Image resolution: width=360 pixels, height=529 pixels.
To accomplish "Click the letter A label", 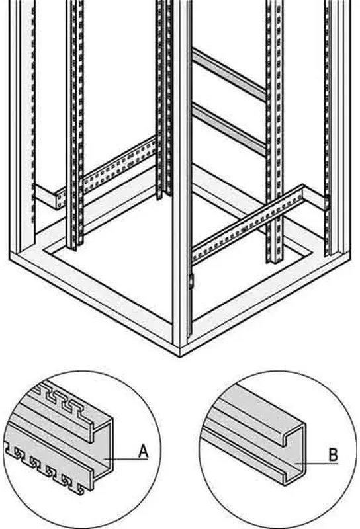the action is pyautogui.click(x=144, y=452).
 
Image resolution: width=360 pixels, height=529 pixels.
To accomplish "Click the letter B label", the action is pyautogui.click(x=334, y=455).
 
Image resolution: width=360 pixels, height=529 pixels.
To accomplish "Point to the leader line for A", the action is pyautogui.click(x=126, y=459).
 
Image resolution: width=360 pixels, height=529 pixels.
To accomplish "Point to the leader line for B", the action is pyautogui.click(x=317, y=464).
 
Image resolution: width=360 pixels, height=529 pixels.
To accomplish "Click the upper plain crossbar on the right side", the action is pyautogui.click(x=229, y=74).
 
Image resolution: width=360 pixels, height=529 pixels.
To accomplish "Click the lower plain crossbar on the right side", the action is pyautogui.click(x=229, y=129).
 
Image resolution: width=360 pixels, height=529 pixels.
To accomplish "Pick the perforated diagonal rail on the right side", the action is pyautogui.click(x=248, y=224).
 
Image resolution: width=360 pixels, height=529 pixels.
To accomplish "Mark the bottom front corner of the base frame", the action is pyautogui.click(x=179, y=356).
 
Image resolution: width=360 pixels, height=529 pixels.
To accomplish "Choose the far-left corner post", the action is pyautogui.click(x=22, y=125).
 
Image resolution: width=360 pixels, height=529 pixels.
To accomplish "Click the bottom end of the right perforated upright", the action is pyautogui.click(x=274, y=260).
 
